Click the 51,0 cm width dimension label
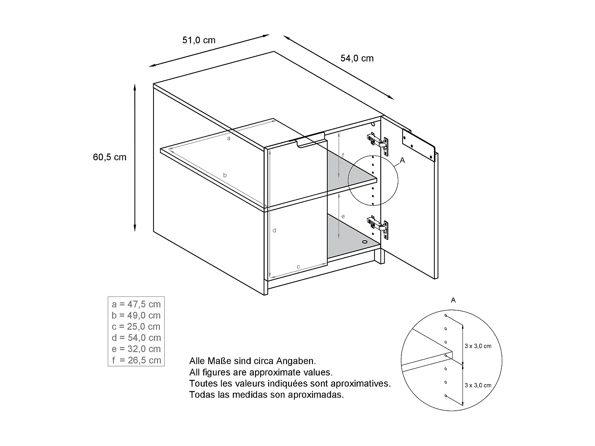(x=199, y=40)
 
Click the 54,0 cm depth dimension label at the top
(x=357, y=58)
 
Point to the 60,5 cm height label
(x=109, y=157)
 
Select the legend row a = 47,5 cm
(x=136, y=304)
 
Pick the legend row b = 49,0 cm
(x=136, y=315)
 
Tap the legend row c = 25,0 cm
(x=136, y=326)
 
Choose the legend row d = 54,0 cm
(x=136, y=337)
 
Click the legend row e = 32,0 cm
(x=136, y=349)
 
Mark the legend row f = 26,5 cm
(x=136, y=360)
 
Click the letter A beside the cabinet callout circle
(x=403, y=160)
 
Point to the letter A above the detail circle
(x=453, y=300)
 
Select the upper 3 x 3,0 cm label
(x=478, y=346)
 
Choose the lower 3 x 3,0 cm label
(x=478, y=385)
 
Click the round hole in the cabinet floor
(x=365, y=241)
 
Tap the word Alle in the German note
(x=197, y=361)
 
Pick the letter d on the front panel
(x=274, y=230)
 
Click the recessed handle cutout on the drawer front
(x=311, y=142)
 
